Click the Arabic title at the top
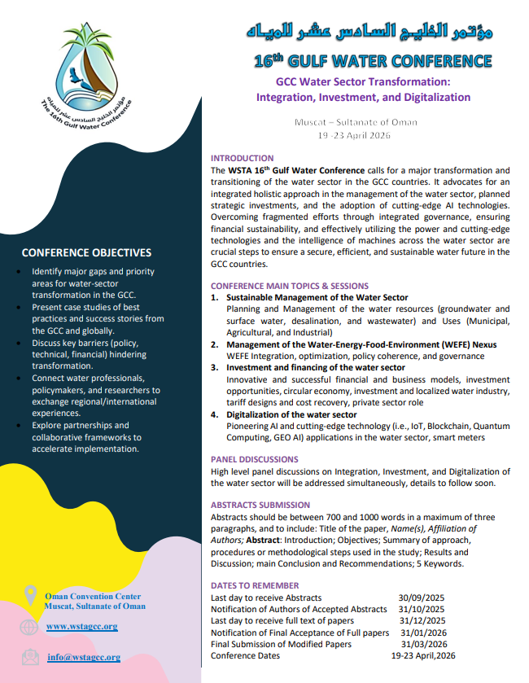click(x=370, y=33)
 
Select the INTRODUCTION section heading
click(x=243, y=158)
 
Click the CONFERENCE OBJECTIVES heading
click(x=86, y=252)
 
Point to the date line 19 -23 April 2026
click(x=356, y=135)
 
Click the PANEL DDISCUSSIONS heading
click(x=255, y=459)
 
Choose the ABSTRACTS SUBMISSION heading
click(x=260, y=505)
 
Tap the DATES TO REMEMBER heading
click(x=255, y=585)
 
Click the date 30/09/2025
click(x=422, y=598)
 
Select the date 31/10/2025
click(x=422, y=609)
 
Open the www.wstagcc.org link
click(x=81, y=626)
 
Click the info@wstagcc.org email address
click(x=83, y=657)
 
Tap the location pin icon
click(x=30, y=596)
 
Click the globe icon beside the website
click(x=29, y=627)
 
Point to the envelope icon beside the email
click(x=29, y=657)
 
